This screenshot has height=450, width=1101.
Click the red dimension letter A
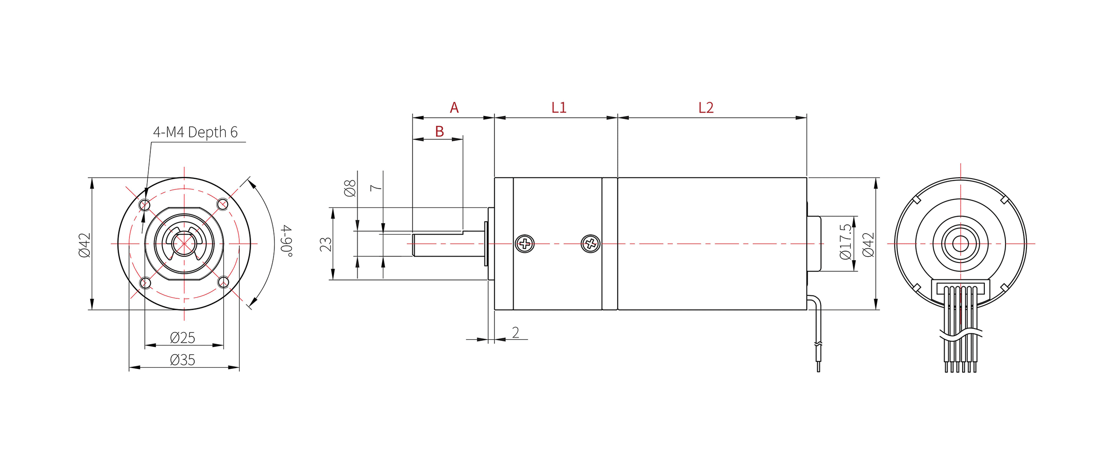tap(454, 108)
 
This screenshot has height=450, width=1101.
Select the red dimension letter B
tap(439, 131)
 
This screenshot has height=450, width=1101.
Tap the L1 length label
tap(559, 108)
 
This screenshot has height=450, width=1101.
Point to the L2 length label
tap(706, 108)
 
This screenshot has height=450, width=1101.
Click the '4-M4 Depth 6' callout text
tap(195, 132)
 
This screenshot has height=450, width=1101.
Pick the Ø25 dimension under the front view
tap(182, 338)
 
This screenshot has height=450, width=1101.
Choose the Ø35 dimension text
tap(182, 360)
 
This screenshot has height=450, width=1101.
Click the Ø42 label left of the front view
tap(84, 245)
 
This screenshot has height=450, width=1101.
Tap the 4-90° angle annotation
tap(287, 241)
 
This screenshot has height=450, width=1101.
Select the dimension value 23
tap(326, 244)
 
